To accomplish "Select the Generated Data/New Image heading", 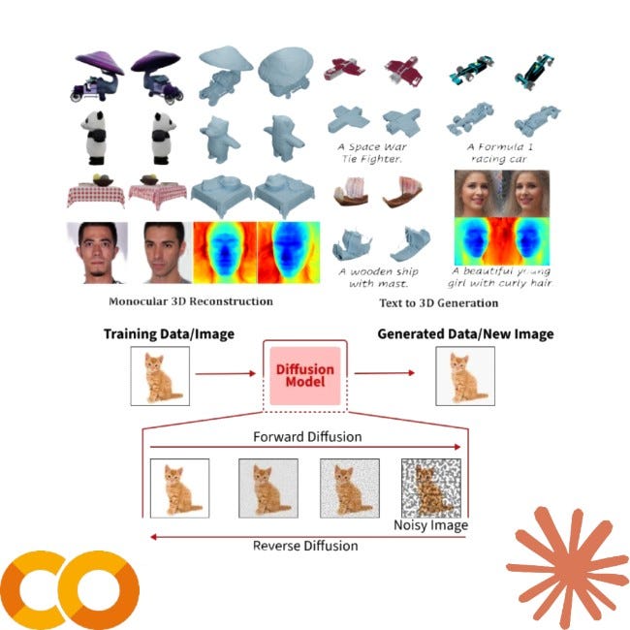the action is point(465,334).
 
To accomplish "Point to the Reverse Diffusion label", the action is point(305,546).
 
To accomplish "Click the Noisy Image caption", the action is point(430,525).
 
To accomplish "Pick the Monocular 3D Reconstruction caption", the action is point(191,301).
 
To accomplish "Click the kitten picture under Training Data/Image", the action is point(158,375).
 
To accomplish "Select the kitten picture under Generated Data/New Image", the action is point(464,375).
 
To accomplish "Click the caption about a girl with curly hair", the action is point(499,277).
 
